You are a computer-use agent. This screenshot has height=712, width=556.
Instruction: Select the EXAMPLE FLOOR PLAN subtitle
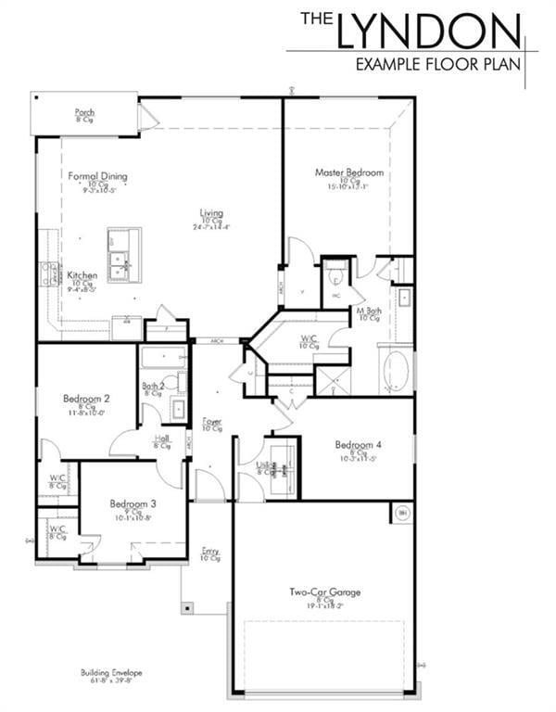tap(438, 64)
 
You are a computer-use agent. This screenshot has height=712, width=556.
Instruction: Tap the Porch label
tap(84, 113)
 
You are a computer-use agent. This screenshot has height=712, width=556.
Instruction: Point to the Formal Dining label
tap(97, 176)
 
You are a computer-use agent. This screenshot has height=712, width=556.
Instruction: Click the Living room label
tap(211, 213)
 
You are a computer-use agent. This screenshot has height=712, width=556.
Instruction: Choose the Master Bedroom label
tap(348, 172)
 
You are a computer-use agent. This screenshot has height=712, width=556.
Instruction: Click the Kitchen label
tap(82, 275)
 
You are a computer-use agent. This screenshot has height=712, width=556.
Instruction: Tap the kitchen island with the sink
tap(123, 255)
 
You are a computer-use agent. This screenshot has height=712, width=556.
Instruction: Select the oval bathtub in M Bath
tap(397, 370)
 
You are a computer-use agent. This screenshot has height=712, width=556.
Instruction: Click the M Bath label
tap(369, 311)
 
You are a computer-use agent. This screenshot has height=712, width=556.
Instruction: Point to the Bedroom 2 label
tap(86, 399)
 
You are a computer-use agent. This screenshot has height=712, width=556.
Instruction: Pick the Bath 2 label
tap(153, 386)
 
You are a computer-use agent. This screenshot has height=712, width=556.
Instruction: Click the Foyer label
tap(212, 422)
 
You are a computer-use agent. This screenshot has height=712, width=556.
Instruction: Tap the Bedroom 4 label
tap(357, 443)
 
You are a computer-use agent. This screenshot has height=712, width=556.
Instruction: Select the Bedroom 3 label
tap(133, 504)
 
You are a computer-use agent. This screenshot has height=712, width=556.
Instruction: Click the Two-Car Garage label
tap(324, 591)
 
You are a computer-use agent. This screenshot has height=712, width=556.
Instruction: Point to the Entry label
tap(210, 552)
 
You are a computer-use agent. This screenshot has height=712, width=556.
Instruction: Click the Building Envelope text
tap(111, 673)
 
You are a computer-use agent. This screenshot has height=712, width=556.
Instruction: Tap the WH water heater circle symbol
tap(402, 512)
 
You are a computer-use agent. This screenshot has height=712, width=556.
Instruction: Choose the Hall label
tap(161, 439)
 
